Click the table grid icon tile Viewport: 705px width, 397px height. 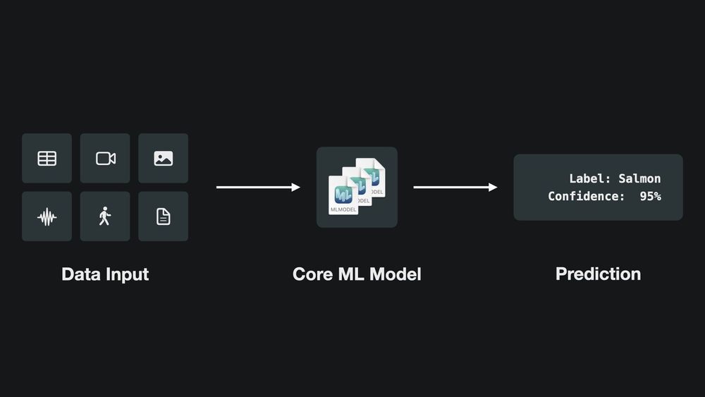click(x=47, y=158)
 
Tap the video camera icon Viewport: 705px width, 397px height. click(x=105, y=158)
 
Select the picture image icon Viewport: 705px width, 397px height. click(x=163, y=158)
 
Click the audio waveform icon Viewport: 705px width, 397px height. click(x=47, y=216)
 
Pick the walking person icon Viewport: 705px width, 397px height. click(x=105, y=216)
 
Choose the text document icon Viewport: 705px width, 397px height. click(x=163, y=216)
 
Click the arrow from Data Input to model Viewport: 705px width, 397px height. click(x=258, y=188)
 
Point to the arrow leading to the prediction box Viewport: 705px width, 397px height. click(x=455, y=188)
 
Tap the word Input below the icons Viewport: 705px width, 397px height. click(x=128, y=274)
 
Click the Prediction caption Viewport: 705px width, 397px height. click(x=598, y=274)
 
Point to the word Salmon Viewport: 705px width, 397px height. click(x=639, y=179)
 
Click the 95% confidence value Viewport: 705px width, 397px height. click(x=650, y=196)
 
